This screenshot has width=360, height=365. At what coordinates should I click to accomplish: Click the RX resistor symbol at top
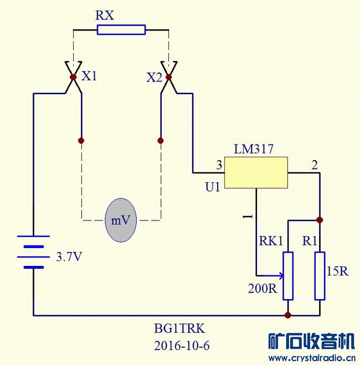pos(121,29)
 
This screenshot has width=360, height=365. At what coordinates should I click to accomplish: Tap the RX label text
pos(105,15)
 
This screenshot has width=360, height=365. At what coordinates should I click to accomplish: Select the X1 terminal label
pos(89,76)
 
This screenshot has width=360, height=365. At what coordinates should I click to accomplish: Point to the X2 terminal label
pos(155,78)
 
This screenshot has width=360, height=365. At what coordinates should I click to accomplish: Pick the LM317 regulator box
pos(255,172)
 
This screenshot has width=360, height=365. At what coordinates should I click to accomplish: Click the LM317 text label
pos(254,149)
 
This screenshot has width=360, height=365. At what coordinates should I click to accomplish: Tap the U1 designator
pos(213,187)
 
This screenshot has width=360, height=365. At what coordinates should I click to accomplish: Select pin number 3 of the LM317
pos(219,164)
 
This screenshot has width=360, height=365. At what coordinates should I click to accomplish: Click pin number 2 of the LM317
pos(315,164)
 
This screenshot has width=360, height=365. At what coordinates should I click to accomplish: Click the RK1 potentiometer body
pos(288,275)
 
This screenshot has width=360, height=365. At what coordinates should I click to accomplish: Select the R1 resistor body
pos(319,275)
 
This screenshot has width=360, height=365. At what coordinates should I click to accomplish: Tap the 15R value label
pos(337,272)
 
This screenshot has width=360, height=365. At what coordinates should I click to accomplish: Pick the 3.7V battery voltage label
pos(70,258)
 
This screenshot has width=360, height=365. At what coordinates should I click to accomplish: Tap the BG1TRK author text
pos(176,327)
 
